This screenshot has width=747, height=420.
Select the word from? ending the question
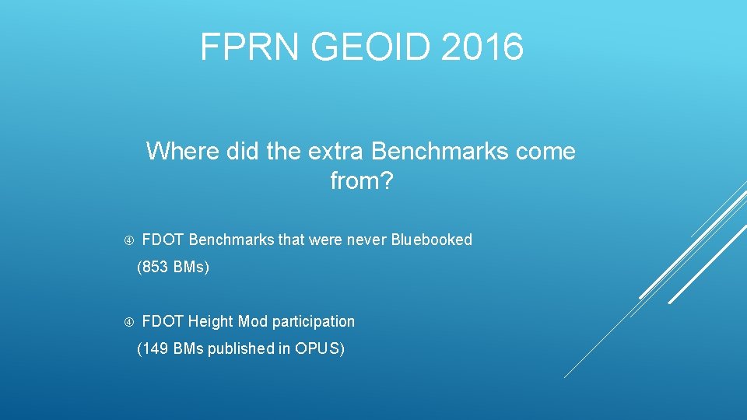coord(362,181)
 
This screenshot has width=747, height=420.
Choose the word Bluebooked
coord(431,240)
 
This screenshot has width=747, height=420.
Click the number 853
coord(155,268)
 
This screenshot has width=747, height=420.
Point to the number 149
coord(155,349)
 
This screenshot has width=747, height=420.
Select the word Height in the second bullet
coord(211,321)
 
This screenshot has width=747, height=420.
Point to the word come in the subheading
coord(548,151)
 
